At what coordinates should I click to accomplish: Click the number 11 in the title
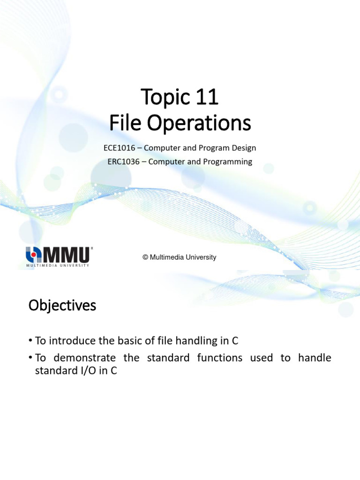click(205, 97)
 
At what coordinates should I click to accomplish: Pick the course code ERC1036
click(123, 162)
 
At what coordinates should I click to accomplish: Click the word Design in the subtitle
click(244, 148)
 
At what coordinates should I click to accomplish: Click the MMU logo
click(59, 255)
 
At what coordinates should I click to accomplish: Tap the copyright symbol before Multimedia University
click(145, 257)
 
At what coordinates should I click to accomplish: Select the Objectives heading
click(62, 306)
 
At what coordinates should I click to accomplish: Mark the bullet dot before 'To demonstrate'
click(30, 358)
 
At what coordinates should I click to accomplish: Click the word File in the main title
click(122, 124)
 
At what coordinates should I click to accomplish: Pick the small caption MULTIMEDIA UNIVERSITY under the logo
click(57, 265)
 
